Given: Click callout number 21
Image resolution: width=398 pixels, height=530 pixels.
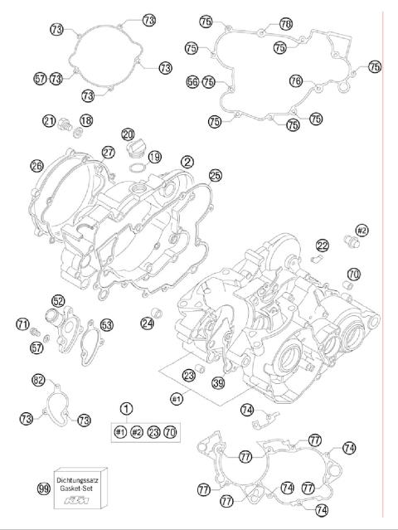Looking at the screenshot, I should point(50,121).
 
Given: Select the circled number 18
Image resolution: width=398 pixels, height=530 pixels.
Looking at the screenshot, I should point(86,121).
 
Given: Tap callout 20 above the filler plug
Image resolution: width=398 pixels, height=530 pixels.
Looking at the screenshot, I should point(127,134).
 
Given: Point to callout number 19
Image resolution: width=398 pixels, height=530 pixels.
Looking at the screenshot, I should point(154,157).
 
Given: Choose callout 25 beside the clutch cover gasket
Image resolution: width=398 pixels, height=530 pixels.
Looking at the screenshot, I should point(216,176).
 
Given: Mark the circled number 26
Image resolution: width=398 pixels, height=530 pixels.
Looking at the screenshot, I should point(36,166).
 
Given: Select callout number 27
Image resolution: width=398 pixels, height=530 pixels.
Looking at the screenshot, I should point(109,152).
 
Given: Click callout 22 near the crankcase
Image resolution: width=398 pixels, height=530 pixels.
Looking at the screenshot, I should point(322,245).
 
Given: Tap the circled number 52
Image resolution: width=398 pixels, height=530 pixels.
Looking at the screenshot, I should point(58,301).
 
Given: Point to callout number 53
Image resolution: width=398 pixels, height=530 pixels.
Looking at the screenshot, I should point(106,324).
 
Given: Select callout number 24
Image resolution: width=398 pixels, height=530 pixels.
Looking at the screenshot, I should point(147,323).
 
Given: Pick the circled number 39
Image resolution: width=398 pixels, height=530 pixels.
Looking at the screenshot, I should point(217,382).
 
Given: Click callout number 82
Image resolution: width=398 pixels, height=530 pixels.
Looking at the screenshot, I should point(38,381).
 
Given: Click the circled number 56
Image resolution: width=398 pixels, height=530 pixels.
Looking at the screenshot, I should point(192,82).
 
